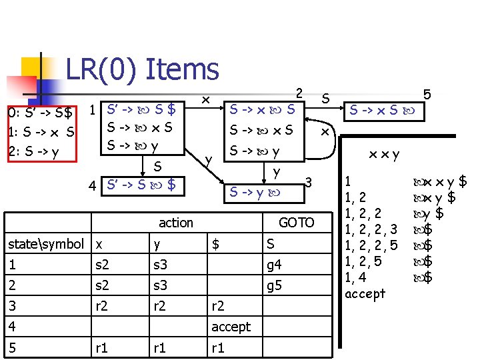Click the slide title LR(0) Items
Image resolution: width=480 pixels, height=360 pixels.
[x=142, y=69]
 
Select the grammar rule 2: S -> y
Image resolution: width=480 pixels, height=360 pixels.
[x=33, y=151]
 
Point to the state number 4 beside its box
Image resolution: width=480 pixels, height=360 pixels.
[x=93, y=184]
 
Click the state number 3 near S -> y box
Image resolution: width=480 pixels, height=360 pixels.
[x=308, y=182]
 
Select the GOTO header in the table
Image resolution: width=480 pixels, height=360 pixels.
[x=296, y=223]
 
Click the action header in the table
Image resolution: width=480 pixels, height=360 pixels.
[x=175, y=223]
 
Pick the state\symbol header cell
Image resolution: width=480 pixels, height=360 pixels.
[x=46, y=244]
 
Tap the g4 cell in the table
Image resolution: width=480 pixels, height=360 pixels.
[x=274, y=265]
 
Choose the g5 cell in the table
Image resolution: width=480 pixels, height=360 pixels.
[x=274, y=285]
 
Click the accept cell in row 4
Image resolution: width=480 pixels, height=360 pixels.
[x=231, y=327]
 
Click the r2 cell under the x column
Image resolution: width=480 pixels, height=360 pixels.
[x=103, y=306]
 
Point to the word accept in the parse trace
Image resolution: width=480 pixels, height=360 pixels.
[x=365, y=293]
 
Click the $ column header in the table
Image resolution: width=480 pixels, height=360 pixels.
[x=215, y=244]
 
